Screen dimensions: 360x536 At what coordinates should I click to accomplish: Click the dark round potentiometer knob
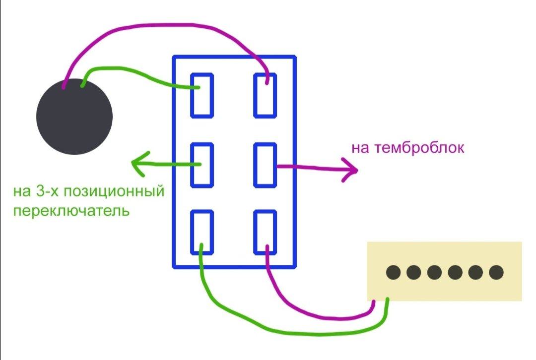74,117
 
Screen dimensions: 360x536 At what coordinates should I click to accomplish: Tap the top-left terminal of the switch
202,95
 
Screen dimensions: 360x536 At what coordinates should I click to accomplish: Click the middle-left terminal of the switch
202,165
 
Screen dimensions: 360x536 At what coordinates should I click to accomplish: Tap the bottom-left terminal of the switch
202,232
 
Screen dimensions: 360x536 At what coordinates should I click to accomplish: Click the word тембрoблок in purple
420,148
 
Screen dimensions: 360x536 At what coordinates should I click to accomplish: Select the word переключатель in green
71,211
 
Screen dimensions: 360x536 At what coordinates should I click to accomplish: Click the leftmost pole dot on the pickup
393,272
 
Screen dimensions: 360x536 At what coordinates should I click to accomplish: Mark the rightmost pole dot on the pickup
496,272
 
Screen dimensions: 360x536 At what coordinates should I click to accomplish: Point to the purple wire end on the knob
64,87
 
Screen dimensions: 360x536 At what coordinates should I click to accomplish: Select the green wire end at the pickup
387,300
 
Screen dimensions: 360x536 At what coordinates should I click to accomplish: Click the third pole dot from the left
434,272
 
